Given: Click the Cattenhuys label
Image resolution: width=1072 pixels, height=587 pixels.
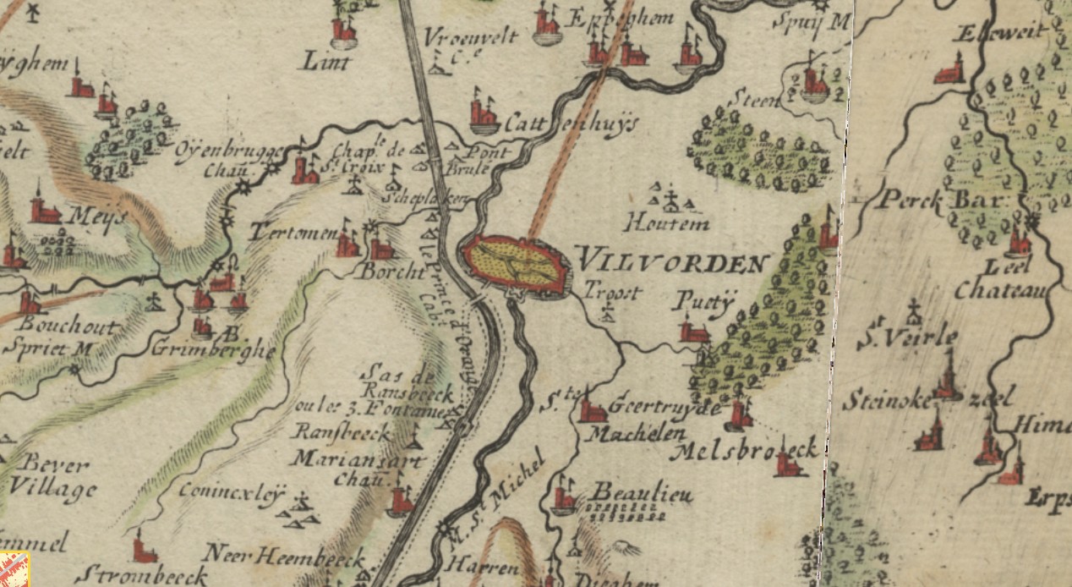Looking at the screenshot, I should (572, 123).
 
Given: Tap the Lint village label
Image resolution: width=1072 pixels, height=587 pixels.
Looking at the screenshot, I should (324, 60).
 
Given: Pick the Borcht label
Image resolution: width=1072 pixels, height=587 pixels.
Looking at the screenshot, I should (391, 272).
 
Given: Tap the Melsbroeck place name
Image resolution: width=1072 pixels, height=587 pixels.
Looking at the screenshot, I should (744, 449).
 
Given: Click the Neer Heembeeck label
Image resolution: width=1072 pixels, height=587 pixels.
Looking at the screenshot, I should (285, 558).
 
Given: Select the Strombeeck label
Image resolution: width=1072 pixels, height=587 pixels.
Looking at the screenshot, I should (140, 576).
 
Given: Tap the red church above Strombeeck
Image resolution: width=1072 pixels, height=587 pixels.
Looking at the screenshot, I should (145, 549).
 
